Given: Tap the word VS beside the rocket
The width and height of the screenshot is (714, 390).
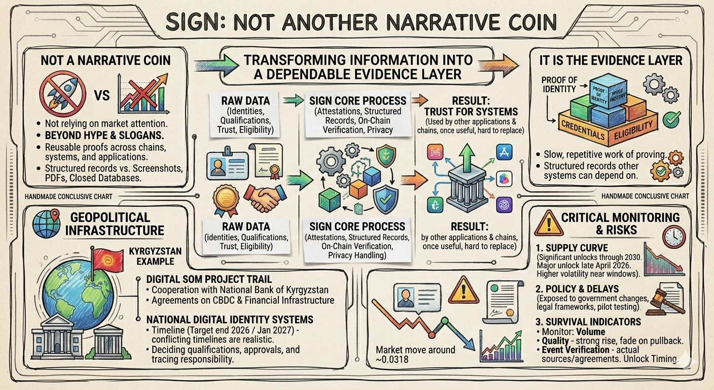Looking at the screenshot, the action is (x=102, y=95).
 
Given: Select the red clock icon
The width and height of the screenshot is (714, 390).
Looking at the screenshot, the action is (x=673, y=237).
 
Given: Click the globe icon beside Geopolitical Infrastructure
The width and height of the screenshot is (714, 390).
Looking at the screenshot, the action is (x=47, y=224).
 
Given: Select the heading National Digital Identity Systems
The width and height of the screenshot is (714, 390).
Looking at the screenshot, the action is (x=229, y=319).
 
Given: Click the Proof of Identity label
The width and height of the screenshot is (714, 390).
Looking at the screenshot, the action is (x=559, y=85).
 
